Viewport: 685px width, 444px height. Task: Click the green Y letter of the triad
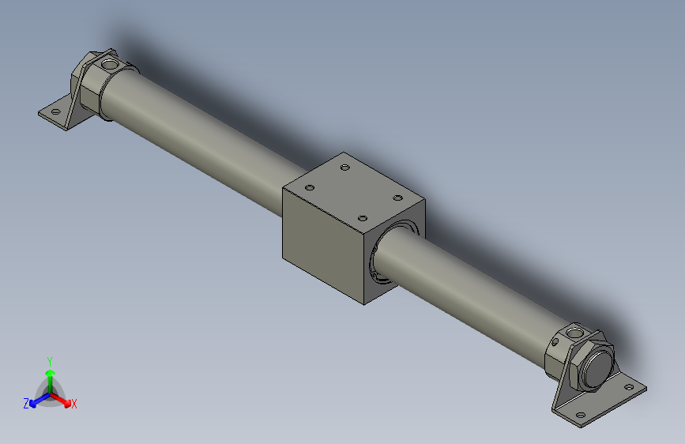50,359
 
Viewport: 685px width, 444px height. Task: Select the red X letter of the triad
74,404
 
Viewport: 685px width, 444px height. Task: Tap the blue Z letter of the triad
26,404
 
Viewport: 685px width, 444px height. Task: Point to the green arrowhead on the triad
50,372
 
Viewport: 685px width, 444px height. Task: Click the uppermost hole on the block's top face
344,167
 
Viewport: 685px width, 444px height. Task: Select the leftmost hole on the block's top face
310,188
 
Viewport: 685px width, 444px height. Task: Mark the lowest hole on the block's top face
363,218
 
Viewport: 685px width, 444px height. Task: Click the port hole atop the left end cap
109,61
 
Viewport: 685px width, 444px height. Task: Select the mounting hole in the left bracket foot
56,111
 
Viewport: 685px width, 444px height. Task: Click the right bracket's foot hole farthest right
628,388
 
